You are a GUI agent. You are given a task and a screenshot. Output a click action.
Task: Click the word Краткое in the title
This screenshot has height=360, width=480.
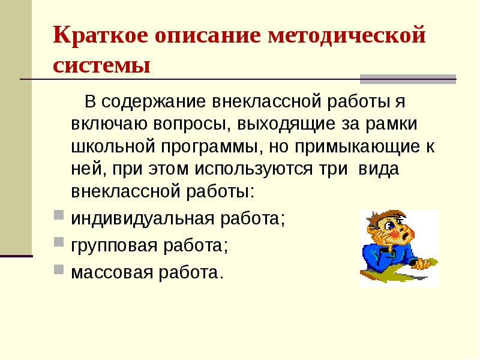(100, 36)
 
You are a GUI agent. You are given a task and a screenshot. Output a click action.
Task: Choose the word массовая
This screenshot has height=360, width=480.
(112, 273)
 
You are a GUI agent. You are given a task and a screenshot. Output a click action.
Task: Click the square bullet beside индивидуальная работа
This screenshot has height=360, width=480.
(58, 215)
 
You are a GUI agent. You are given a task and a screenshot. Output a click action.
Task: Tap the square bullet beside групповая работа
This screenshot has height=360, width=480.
(58, 242)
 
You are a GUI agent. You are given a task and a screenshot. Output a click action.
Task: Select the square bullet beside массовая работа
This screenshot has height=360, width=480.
(58, 269)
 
